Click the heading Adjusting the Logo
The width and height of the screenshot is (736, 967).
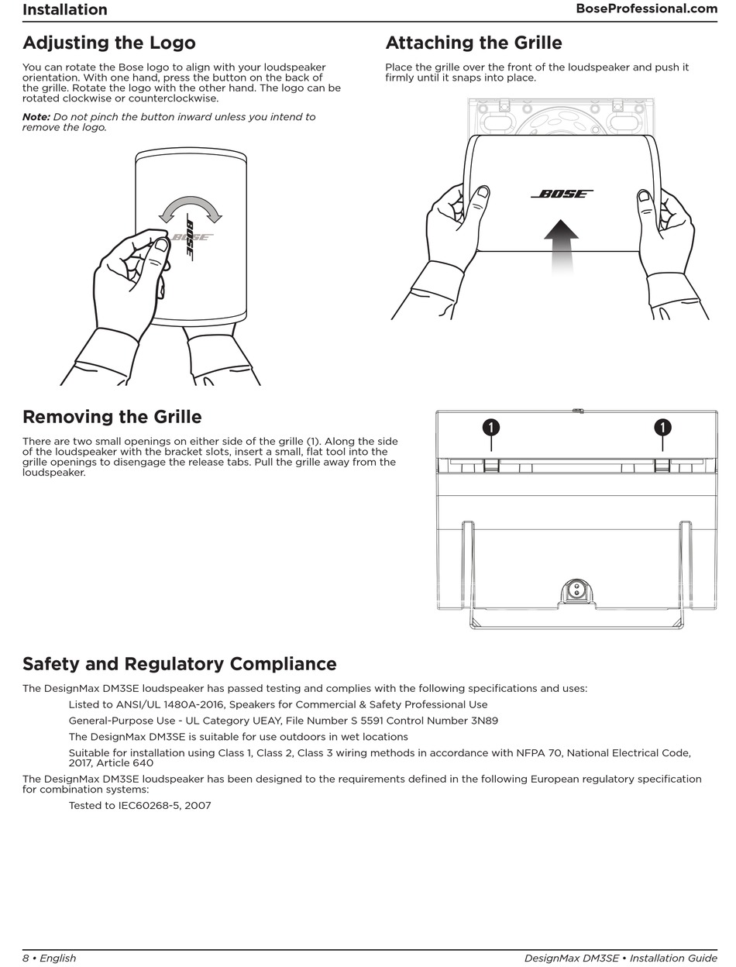click(x=109, y=43)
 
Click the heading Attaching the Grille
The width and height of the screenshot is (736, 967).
click(x=473, y=43)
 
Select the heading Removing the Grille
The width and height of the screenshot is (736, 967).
click(x=112, y=417)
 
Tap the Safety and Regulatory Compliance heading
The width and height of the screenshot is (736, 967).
click(x=179, y=664)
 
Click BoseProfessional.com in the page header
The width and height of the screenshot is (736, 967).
click(x=646, y=9)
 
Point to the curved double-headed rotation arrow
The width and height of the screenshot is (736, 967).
click(x=190, y=206)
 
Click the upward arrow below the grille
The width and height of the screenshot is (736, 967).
click(x=561, y=243)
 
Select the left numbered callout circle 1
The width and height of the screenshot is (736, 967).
click(x=490, y=427)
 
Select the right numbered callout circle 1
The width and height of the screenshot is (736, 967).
click(x=662, y=427)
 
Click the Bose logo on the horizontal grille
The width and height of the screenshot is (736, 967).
click(x=562, y=194)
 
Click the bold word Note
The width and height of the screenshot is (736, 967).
click(x=36, y=117)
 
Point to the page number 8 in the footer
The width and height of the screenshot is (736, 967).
click(x=26, y=958)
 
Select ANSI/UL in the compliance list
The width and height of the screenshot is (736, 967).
click(x=137, y=704)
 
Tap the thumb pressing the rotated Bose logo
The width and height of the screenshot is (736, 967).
click(x=161, y=246)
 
